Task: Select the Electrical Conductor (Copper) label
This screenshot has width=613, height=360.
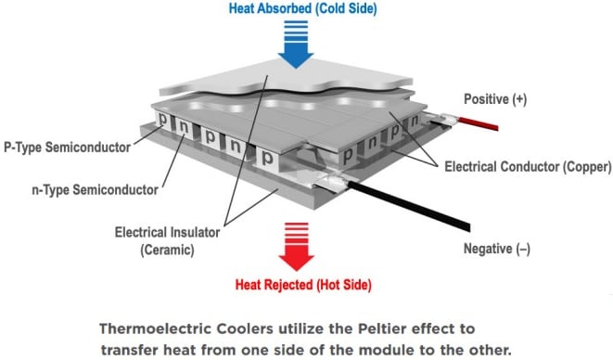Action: (x=528, y=168)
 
